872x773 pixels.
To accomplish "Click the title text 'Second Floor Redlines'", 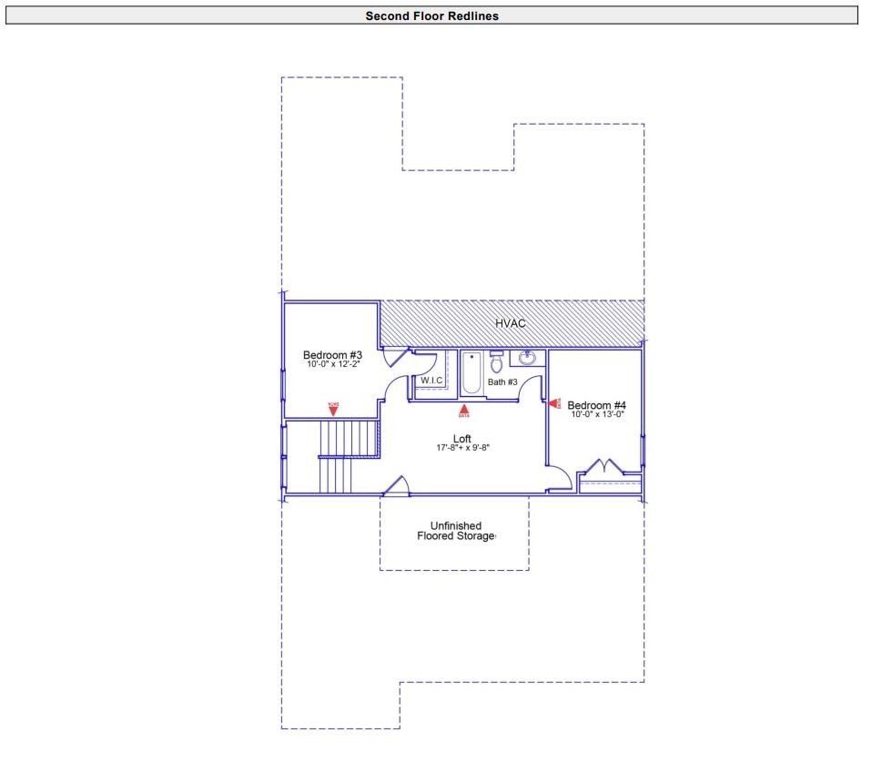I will tap(431, 15).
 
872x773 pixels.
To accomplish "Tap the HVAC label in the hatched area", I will tap(510, 323).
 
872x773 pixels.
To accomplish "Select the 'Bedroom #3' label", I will tap(332, 355).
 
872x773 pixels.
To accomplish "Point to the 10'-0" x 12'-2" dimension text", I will tap(332, 364).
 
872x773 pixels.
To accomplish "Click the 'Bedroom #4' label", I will tap(596, 405).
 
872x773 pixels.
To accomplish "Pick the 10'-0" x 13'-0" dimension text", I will tap(597, 414).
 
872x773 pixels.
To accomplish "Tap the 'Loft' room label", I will tap(462, 439).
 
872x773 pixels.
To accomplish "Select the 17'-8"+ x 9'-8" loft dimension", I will tap(462, 448).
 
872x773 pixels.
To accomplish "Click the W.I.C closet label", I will tap(431, 380).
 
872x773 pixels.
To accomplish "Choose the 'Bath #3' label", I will tap(502, 382).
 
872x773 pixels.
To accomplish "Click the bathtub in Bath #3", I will tap(471, 373).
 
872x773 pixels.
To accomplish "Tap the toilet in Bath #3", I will tap(496, 362).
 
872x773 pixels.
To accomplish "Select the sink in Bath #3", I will tap(528, 358).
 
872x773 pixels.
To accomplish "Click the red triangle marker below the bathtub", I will tap(464, 410).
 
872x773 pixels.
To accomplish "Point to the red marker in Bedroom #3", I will tap(333, 409).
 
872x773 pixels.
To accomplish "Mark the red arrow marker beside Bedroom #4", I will tap(553, 402).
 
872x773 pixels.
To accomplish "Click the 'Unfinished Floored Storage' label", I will tap(455, 531).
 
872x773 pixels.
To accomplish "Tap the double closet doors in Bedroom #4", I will tap(602, 467).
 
